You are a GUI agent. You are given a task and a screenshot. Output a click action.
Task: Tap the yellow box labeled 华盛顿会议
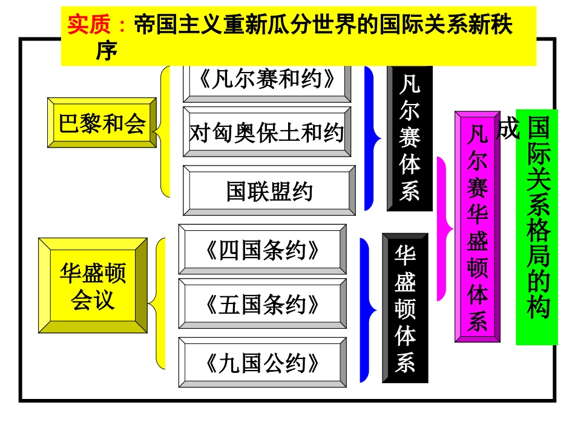[x=93, y=285]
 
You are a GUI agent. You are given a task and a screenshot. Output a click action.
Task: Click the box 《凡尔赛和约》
[x=267, y=79]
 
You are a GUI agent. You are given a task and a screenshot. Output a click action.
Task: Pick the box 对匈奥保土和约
[x=267, y=132]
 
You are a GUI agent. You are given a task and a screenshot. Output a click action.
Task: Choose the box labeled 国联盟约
[x=269, y=191]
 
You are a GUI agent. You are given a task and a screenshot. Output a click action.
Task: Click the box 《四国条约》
[x=263, y=250]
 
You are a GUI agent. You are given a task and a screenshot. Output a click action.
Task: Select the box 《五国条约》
[x=263, y=304]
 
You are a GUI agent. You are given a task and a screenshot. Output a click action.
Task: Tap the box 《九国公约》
[x=263, y=363]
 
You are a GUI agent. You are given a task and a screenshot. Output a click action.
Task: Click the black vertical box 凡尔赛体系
[x=410, y=138]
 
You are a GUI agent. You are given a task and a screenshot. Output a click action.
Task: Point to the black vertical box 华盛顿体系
[x=406, y=308]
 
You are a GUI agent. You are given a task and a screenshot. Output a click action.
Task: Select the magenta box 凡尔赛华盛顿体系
[x=478, y=227]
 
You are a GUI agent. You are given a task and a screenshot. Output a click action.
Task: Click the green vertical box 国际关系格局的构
[x=537, y=227]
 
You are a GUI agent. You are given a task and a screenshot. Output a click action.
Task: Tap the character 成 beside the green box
[x=507, y=129]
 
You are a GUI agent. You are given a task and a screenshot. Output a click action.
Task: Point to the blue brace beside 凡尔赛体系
[x=371, y=138]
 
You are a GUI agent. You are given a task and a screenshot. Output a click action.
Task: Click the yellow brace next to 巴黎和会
[x=164, y=132]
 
